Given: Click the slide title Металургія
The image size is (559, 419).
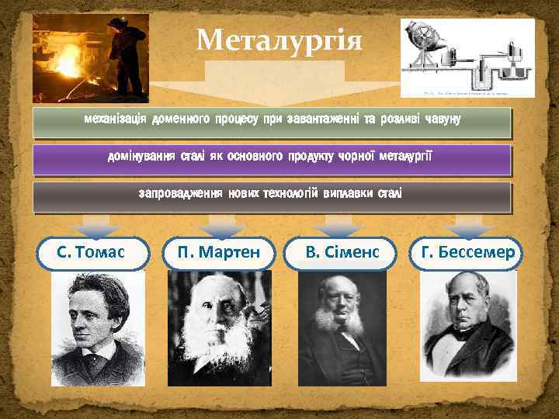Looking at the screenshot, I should [279, 39].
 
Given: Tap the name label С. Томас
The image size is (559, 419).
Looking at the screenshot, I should [92, 253].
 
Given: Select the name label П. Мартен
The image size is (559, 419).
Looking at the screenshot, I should [218, 253].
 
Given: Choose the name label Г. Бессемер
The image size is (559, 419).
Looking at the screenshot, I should [467, 253].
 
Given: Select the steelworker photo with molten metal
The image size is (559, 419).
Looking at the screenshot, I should [90, 58].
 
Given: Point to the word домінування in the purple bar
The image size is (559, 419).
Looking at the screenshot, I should [142, 157].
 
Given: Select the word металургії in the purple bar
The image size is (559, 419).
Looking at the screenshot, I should [404, 157].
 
